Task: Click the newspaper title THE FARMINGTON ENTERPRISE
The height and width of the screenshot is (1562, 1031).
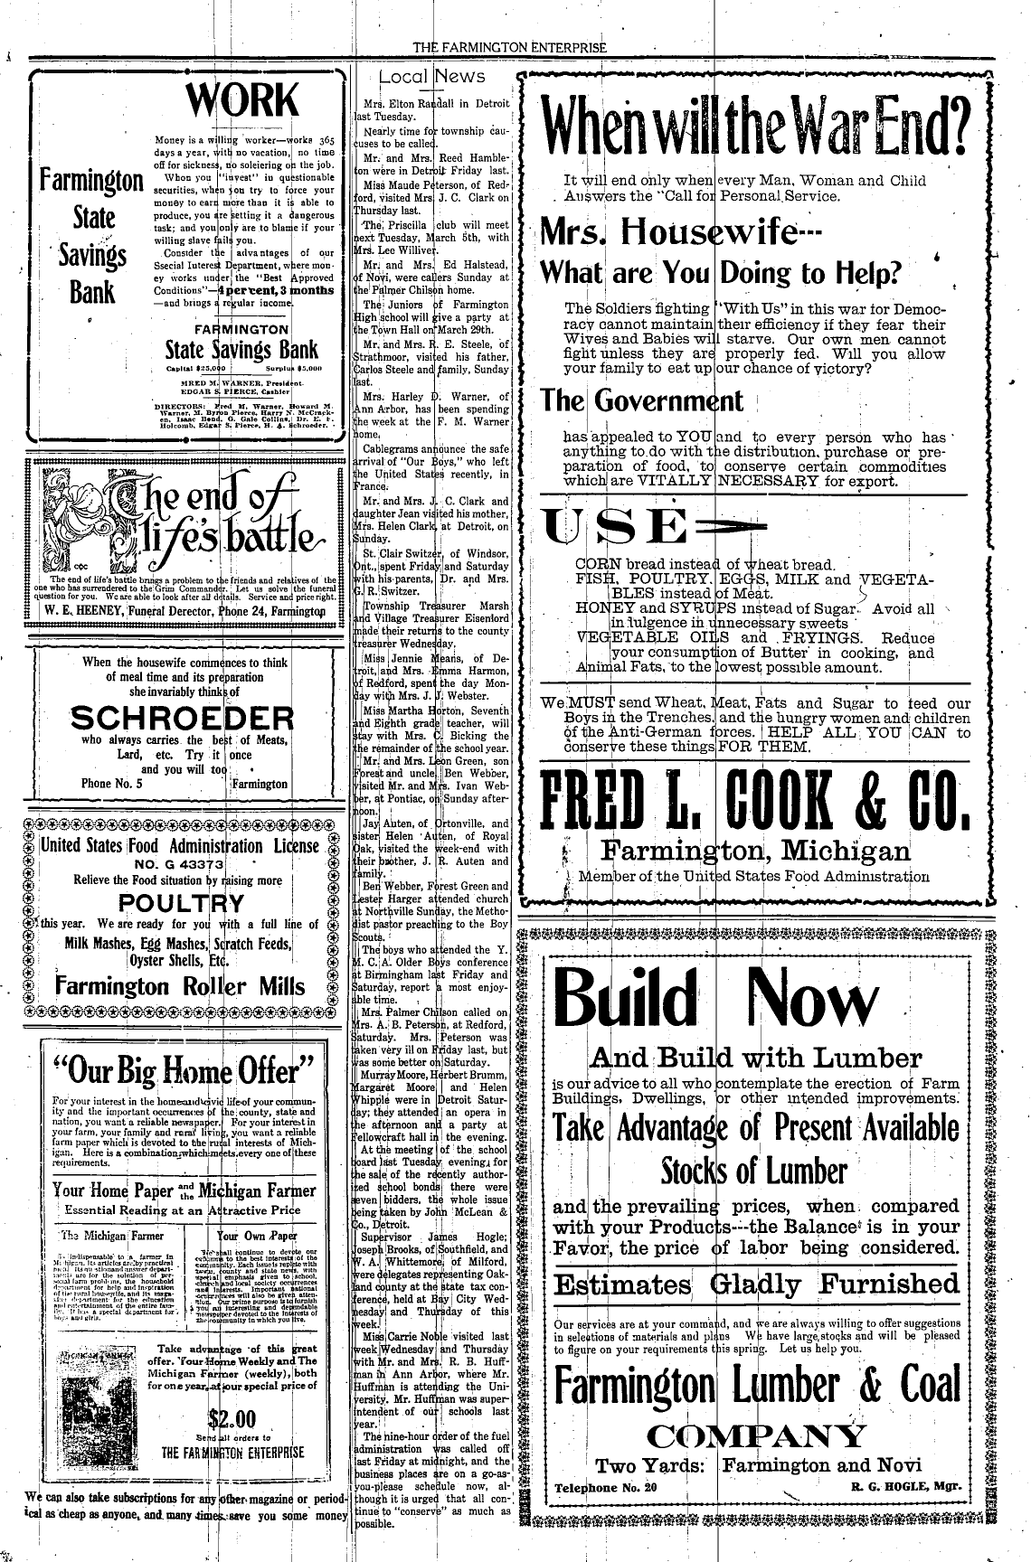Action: coord(508,48)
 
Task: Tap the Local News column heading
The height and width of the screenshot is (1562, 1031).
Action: coord(432,77)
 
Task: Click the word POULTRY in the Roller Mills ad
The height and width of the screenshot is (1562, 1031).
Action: coord(182,903)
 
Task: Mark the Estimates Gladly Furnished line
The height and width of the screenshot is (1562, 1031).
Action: coord(756,1284)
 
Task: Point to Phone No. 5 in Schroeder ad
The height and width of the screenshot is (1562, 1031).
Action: coord(112,784)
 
